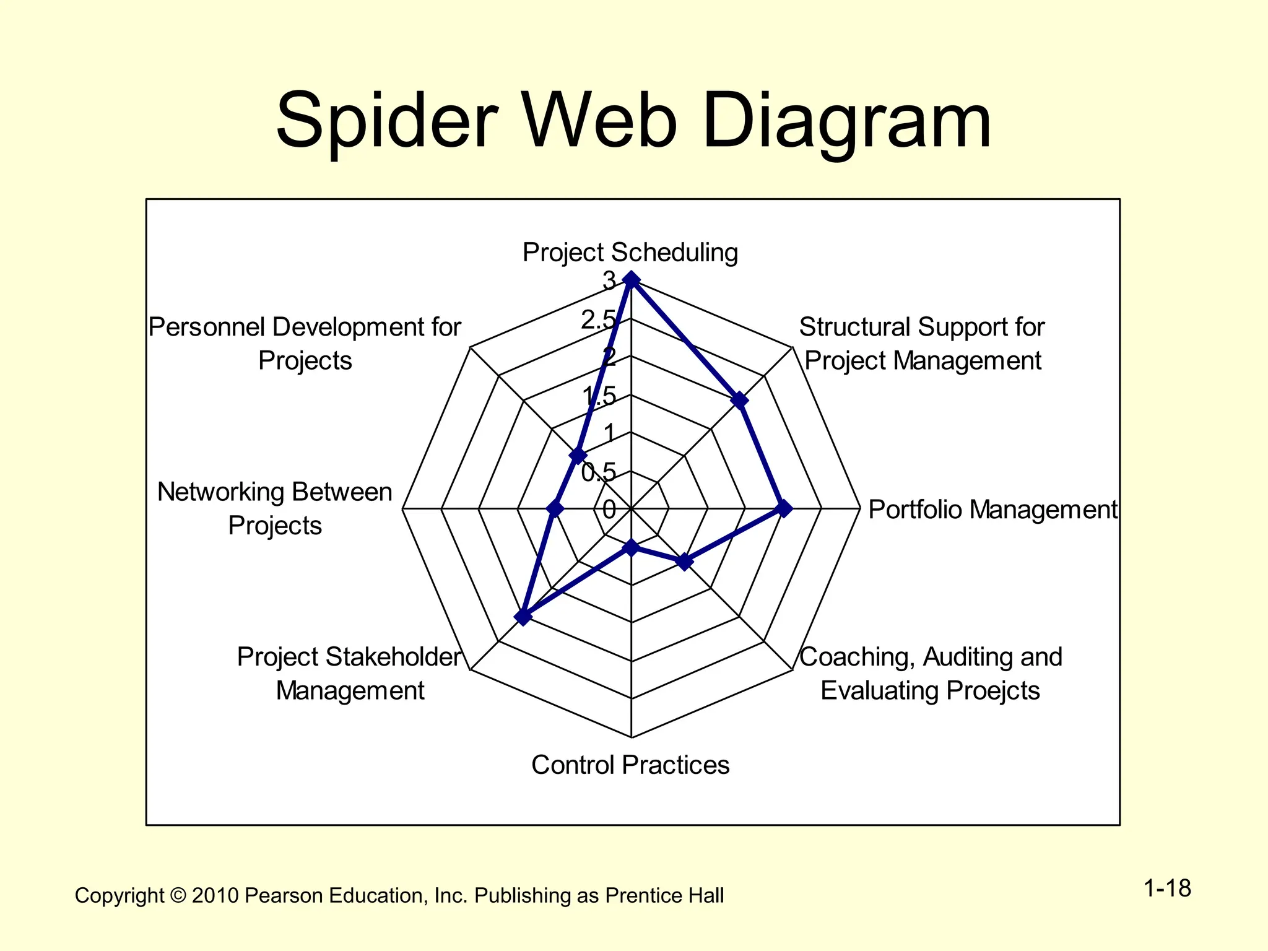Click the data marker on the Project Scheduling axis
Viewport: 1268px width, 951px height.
coord(631,280)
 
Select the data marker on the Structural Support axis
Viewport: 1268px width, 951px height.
coord(739,400)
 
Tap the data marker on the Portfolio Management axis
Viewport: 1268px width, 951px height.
coord(784,508)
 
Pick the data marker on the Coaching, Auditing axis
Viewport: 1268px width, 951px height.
coord(684,562)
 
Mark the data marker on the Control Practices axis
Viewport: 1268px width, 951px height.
coord(631,547)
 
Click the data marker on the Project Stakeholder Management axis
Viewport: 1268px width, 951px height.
coord(523,617)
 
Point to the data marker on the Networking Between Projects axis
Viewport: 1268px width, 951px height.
coord(555,509)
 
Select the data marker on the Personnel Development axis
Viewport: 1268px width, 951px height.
coord(578,456)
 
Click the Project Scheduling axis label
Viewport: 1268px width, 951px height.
coord(630,253)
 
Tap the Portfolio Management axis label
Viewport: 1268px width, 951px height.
coord(992,510)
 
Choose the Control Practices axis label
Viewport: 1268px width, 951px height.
coord(630,765)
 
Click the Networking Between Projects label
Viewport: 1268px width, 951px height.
coord(275,508)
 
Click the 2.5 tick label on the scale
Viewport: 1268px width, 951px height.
coord(599,319)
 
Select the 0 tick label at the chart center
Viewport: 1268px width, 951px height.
coord(609,510)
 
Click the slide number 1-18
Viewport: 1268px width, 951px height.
coord(1167,888)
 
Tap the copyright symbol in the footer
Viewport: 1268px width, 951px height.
coord(178,895)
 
